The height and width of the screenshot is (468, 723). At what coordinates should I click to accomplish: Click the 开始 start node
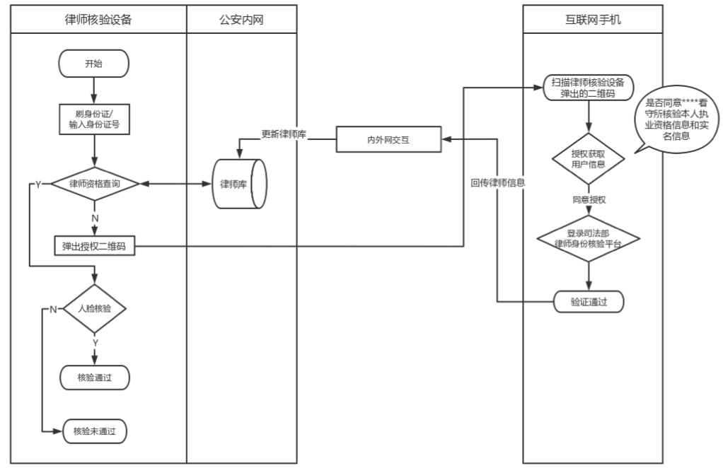93,64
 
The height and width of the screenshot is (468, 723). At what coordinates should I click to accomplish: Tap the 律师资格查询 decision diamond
94,184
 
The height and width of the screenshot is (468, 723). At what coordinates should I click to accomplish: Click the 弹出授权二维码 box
94,246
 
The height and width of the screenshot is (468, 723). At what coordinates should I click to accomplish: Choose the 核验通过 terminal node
95,378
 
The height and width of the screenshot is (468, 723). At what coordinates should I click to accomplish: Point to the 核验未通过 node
95,430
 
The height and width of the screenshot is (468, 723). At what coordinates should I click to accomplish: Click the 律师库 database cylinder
239,185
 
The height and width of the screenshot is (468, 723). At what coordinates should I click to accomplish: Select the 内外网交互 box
388,140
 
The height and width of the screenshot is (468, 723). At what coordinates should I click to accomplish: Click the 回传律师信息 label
498,182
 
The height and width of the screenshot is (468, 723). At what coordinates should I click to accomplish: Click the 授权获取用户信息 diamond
588,160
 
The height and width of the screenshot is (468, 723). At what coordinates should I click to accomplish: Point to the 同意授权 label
589,200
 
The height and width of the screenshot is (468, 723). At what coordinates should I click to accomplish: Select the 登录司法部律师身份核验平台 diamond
588,238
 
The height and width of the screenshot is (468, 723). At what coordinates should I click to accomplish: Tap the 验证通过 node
589,302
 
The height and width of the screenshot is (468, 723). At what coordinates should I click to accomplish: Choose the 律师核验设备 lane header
98,20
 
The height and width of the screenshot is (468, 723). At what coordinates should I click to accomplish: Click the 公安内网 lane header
242,20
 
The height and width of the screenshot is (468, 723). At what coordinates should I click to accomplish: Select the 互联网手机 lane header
592,20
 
